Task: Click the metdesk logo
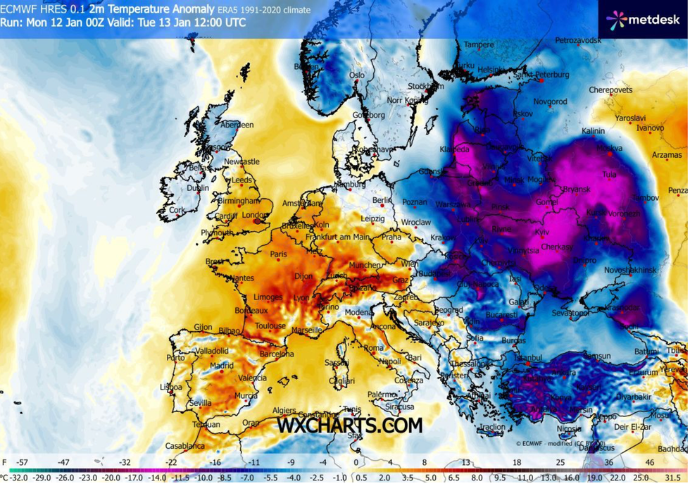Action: (x=643, y=20)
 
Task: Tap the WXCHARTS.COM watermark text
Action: (x=349, y=426)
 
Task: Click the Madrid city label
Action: (x=221, y=366)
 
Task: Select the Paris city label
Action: (x=279, y=254)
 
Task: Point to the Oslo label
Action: (x=357, y=75)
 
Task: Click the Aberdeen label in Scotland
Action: (x=237, y=125)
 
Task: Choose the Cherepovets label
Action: (x=610, y=90)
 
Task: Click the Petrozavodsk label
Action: (x=578, y=41)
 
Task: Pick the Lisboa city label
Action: (x=171, y=387)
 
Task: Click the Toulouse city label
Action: (x=270, y=326)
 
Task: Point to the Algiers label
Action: (x=284, y=410)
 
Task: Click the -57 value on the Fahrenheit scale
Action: (x=22, y=462)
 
